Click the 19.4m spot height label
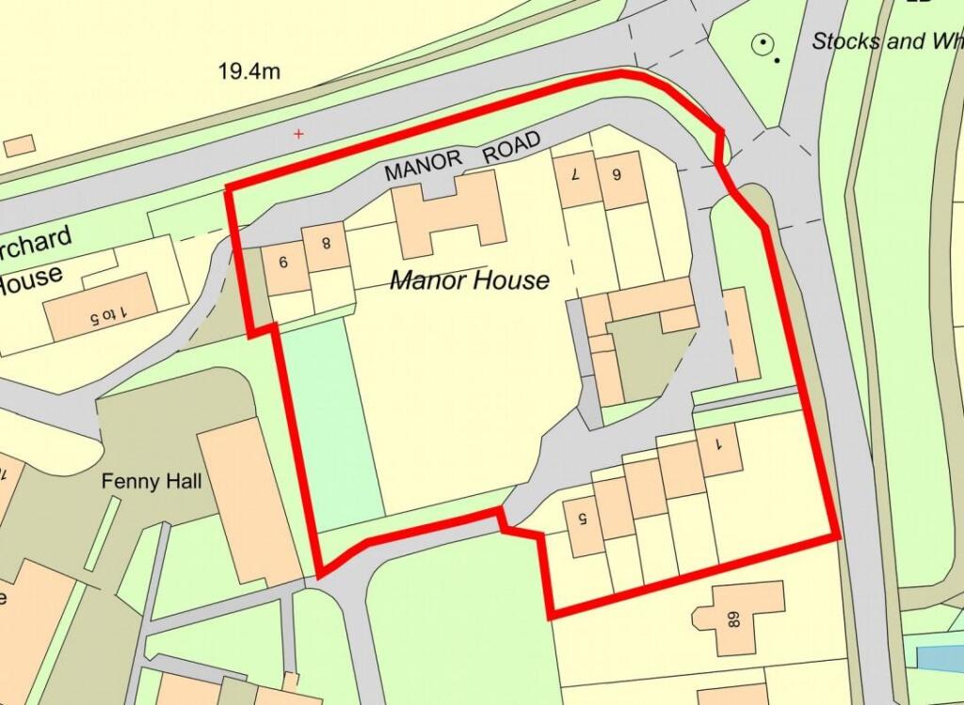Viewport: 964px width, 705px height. pos(249,71)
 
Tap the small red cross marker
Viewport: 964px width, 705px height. pos(299,135)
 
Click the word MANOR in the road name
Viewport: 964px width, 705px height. pos(424,166)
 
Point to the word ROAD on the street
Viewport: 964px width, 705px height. pos(513,148)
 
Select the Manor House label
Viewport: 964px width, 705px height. pos(469,280)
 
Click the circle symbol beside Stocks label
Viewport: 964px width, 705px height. pos(762,42)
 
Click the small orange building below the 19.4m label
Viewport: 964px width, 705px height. pos(19,145)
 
